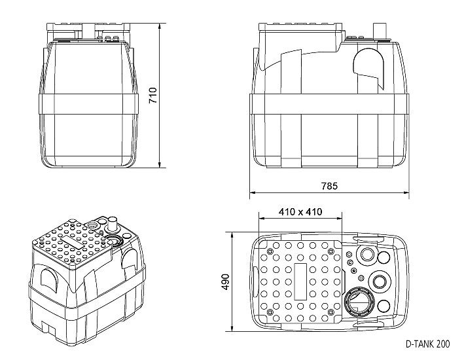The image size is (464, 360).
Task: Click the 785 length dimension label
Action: (329, 187)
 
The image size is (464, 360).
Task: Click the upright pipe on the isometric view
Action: (112, 224)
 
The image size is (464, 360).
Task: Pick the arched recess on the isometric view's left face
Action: (48, 278)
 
